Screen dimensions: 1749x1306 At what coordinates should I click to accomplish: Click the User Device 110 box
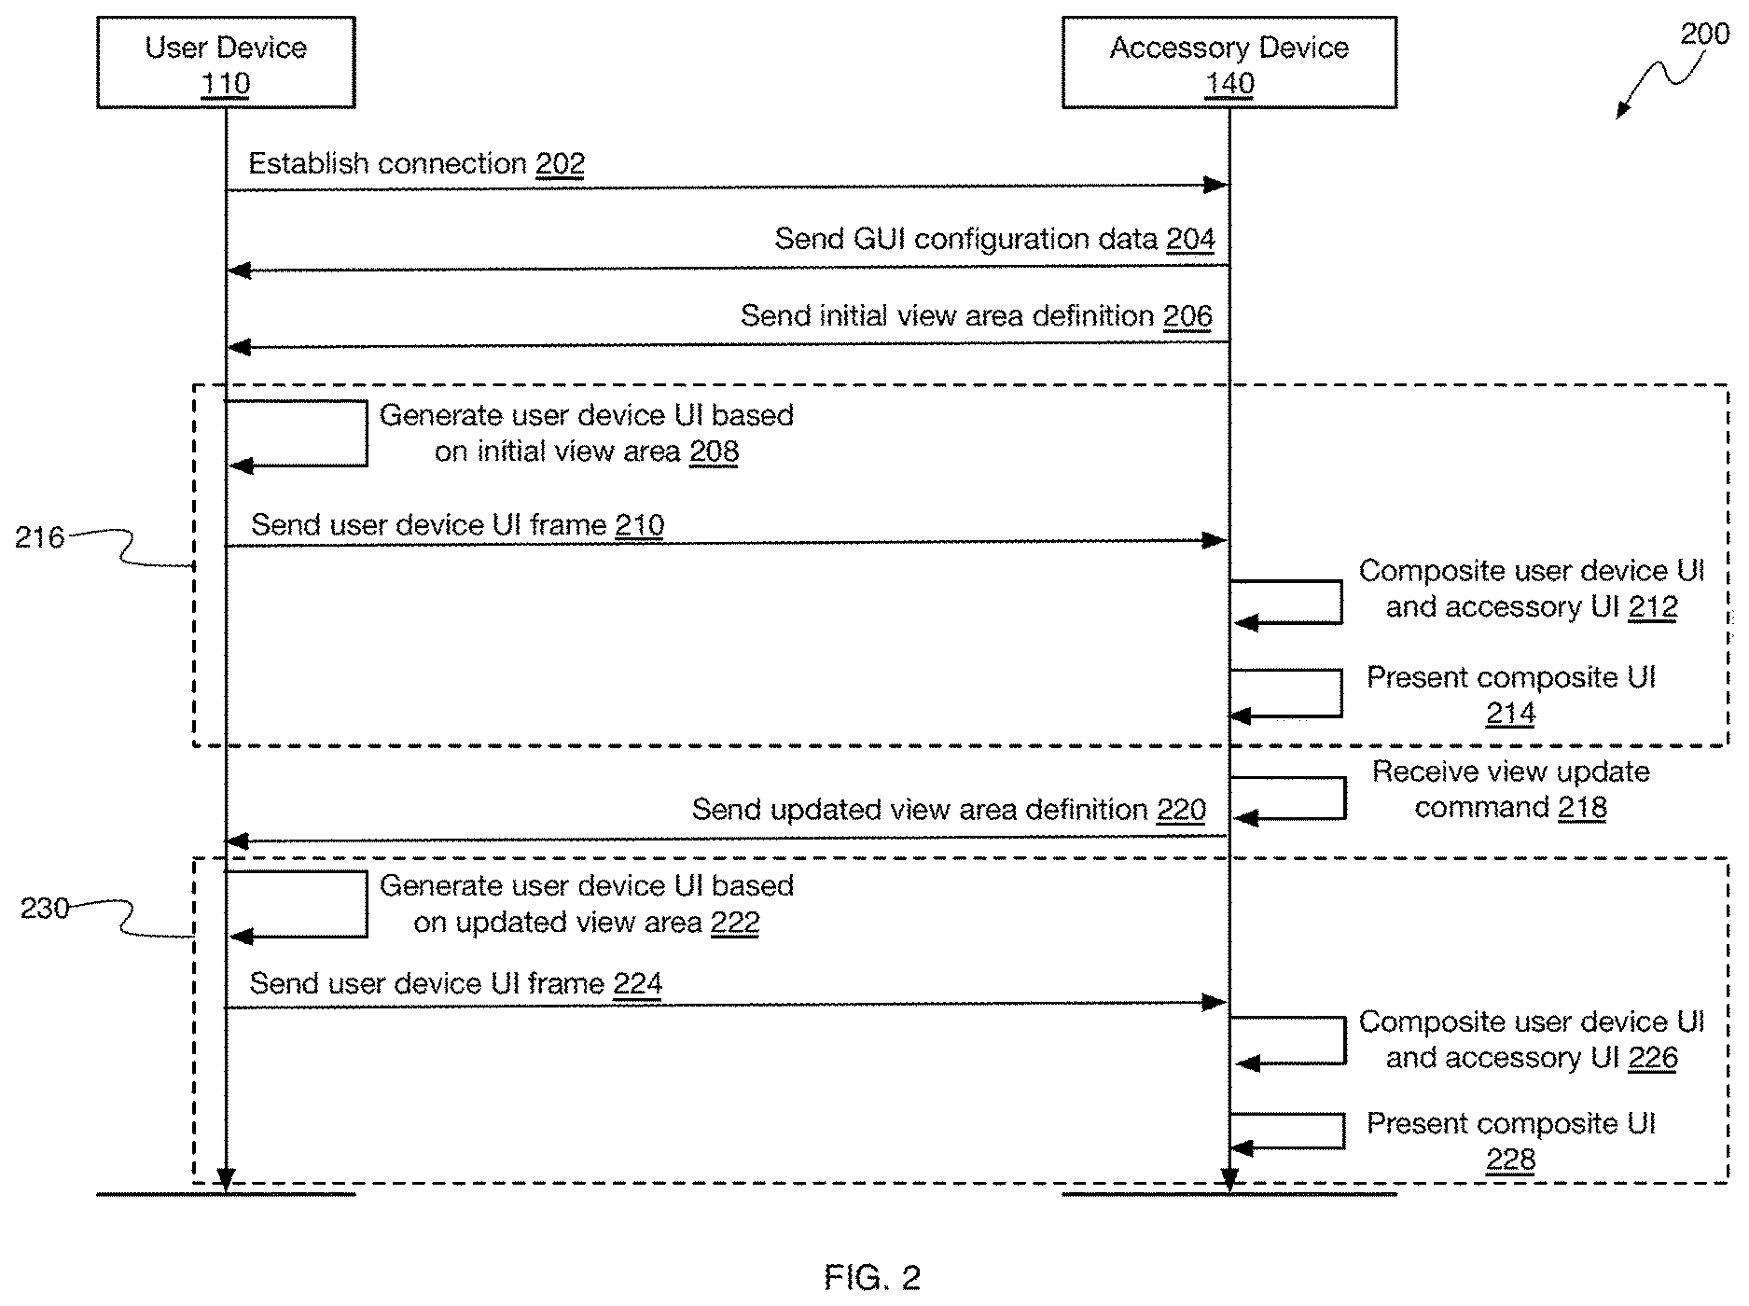(x=226, y=63)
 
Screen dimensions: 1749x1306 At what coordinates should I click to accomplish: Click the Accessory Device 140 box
(x=1229, y=63)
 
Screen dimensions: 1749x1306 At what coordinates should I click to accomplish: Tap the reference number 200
(x=1704, y=35)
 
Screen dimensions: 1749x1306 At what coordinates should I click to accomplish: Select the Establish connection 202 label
(x=416, y=164)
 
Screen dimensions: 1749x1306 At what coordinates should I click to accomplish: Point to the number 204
(x=1190, y=240)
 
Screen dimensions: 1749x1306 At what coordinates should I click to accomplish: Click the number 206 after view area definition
(x=1187, y=316)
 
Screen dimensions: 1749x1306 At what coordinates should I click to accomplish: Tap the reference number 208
(x=714, y=452)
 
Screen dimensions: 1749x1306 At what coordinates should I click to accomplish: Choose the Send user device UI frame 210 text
(x=457, y=525)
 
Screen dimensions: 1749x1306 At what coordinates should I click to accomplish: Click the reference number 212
(x=1653, y=607)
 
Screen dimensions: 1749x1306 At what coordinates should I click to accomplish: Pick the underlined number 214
(x=1510, y=714)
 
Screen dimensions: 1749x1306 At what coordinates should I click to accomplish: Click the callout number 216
(x=39, y=537)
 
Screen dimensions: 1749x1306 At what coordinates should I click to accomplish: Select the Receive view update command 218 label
(x=1511, y=789)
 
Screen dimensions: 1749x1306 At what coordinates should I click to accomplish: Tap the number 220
(x=1181, y=810)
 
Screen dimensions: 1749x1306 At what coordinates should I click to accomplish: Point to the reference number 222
(x=735, y=923)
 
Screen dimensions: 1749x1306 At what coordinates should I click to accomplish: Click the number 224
(x=638, y=984)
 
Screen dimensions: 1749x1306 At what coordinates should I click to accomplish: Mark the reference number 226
(x=1653, y=1058)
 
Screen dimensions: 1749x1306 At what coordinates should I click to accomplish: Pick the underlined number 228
(x=1510, y=1160)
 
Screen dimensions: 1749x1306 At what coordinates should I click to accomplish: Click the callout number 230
(x=45, y=909)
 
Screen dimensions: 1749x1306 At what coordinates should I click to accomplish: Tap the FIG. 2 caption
(x=872, y=1277)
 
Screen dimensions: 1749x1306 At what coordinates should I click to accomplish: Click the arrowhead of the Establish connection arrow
(x=1215, y=186)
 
